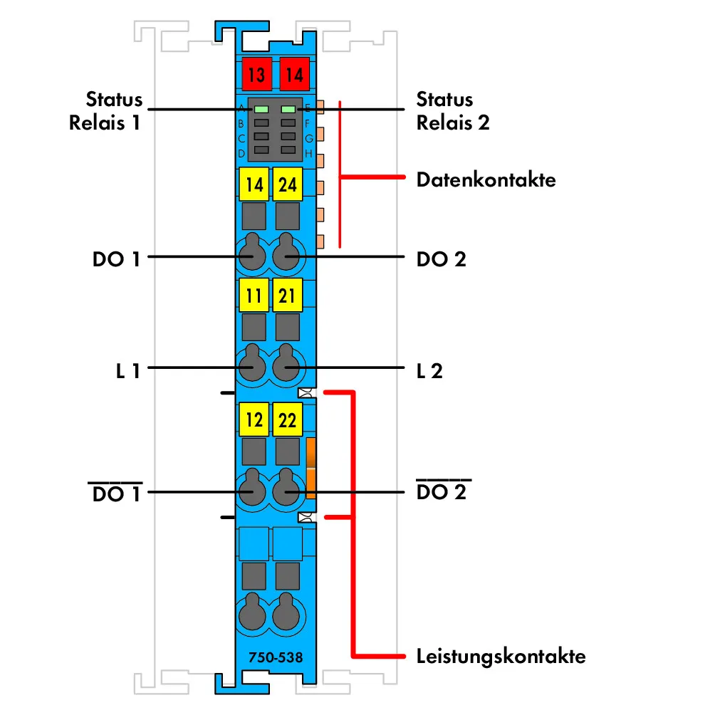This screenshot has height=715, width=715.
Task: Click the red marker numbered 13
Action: (x=256, y=74)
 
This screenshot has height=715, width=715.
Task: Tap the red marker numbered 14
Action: (x=294, y=74)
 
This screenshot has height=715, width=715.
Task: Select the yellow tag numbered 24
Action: (x=287, y=184)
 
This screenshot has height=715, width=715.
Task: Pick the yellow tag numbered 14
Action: (x=254, y=184)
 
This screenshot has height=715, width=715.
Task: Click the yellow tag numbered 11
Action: (x=254, y=295)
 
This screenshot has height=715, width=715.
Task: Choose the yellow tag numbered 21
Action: (x=287, y=295)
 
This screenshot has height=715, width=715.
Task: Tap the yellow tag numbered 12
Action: (x=254, y=419)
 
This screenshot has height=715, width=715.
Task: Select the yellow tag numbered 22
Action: (x=287, y=419)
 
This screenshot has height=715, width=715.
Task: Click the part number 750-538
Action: (x=276, y=657)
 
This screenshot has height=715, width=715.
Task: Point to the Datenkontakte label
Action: (x=486, y=179)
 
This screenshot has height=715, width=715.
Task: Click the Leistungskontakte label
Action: (x=501, y=657)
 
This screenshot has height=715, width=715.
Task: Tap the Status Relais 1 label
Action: (x=106, y=111)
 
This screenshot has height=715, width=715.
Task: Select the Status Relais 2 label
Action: (x=453, y=111)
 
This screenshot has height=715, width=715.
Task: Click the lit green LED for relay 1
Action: (x=261, y=110)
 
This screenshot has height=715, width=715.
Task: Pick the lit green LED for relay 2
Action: (x=288, y=110)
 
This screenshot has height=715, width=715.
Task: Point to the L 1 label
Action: (x=128, y=371)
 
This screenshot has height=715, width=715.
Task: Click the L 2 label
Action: (x=429, y=371)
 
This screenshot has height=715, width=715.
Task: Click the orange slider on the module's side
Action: (x=311, y=469)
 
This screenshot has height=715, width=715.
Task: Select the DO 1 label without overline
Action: (x=116, y=259)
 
